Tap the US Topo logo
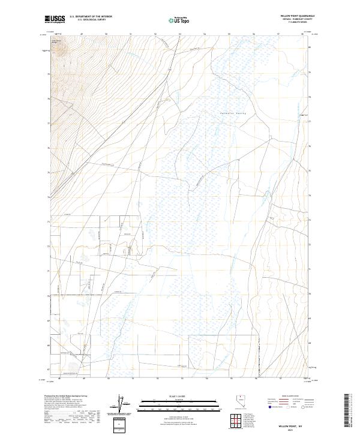point(179,20)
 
